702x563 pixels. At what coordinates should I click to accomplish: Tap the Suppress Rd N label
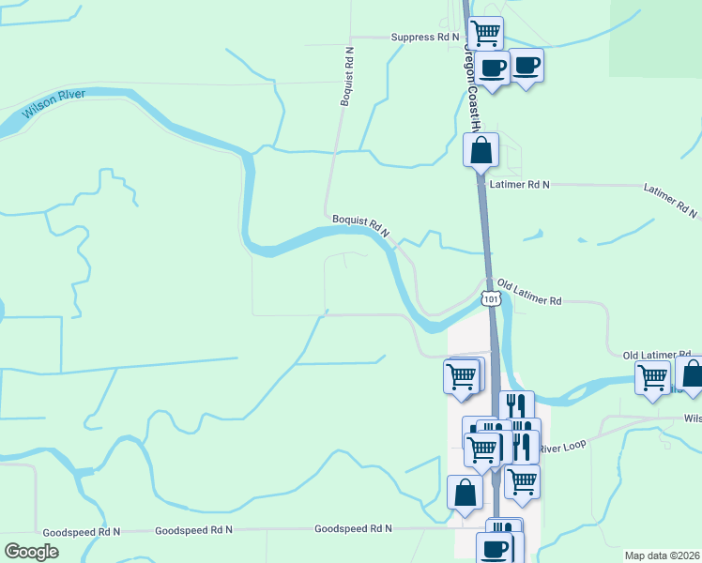(425, 38)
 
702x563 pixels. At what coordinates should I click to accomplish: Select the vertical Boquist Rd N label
(347, 75)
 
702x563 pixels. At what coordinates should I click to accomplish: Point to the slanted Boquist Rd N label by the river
(360, 226)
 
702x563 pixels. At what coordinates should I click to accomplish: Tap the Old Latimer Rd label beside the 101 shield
(529, 293)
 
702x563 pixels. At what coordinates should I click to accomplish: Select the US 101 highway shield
(491, 298)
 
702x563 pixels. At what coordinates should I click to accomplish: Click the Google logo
(31, 551)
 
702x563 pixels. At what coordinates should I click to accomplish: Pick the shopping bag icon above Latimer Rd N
(481, 149)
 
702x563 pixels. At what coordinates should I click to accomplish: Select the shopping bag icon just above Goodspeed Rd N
(465, 492)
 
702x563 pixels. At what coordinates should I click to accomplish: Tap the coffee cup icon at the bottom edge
(495, 548)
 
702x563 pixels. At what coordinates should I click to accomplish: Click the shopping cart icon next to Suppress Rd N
(485, 33)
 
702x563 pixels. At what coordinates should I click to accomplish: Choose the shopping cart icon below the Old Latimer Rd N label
(653, 377)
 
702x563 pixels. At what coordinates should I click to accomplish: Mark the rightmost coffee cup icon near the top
(526, 65)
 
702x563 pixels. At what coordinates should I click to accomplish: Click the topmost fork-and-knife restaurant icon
(516, 406)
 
